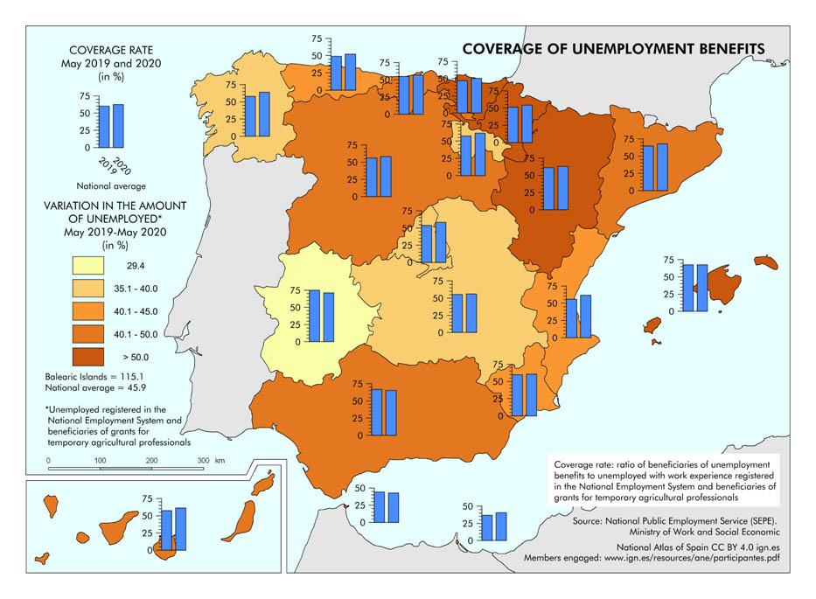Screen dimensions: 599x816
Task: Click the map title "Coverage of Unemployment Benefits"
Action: click(x=614, y=49)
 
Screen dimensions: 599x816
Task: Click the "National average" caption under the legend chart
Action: click(x=110, y=186)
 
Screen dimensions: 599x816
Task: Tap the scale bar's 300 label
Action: click(x=202, y=459)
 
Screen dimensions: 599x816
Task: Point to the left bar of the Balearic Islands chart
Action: click(x=688, y=288)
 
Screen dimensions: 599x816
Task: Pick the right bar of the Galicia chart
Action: click(x=264, y=114)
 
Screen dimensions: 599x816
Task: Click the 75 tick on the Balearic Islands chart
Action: click(x=668, y=261)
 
